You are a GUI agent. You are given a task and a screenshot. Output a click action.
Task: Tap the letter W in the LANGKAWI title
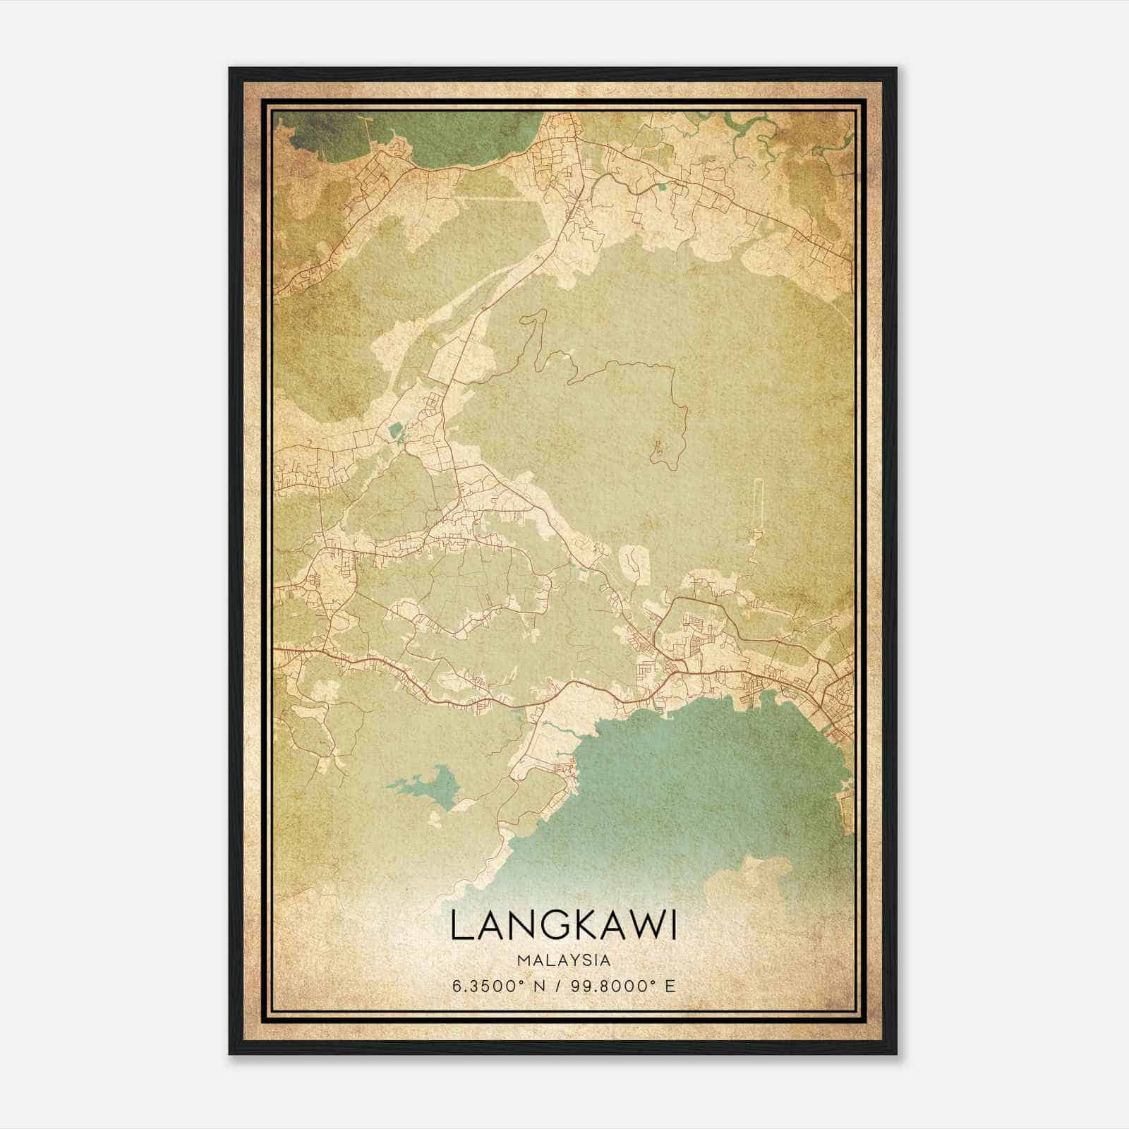[x=641, y=926]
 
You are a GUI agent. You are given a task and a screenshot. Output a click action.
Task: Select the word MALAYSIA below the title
[x=564, y=960]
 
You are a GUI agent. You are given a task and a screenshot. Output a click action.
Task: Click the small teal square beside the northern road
[x=662, y=187]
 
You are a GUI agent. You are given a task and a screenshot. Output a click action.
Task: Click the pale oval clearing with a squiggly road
[x=633, y=563]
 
